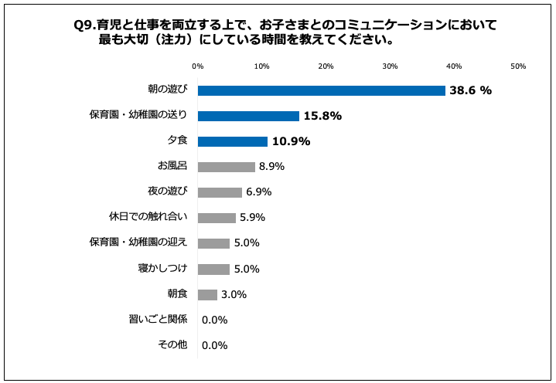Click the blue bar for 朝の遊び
(321, 90)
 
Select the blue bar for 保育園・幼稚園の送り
(248, 116)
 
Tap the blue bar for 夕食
(233, 141)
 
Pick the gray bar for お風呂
(226, 167)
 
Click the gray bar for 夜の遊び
(220, 192)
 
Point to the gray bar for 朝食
(207, 294)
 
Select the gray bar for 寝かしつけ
(213, 269)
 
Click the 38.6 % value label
(471, 90)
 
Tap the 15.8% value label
(322, 116)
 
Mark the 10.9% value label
(291, 141)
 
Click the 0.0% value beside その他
(214, 345)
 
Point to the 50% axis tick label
(517, 66)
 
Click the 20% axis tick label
(326, 66)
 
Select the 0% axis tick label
(198, 66)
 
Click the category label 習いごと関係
(158, 319)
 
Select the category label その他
(172, 344)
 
